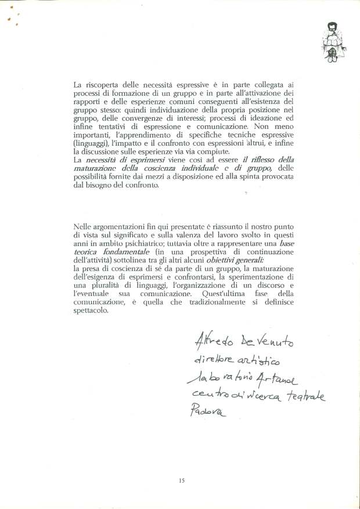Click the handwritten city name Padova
pos(206,413)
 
